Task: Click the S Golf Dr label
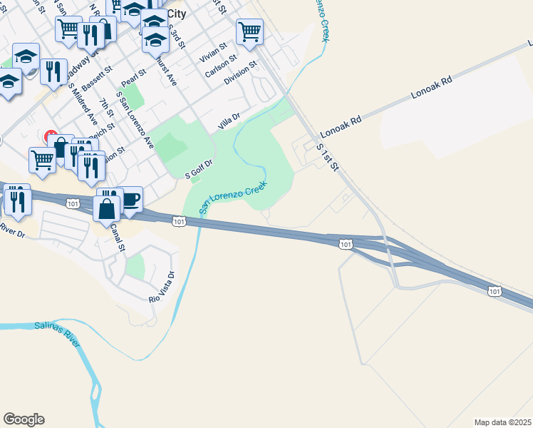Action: click(x=199, y=170)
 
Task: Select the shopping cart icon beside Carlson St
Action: click(x=250, y=31)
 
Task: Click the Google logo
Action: click(x=24, y=419)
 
